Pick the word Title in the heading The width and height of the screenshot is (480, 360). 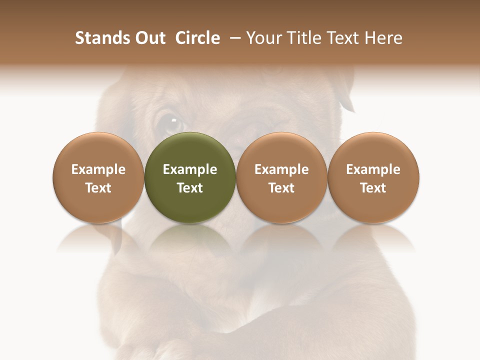[300, 38]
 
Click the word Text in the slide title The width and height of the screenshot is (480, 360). [342, 38]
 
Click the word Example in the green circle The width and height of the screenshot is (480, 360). [190, 169]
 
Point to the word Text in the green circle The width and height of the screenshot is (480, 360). [190, 188]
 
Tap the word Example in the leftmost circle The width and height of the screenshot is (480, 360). [98, 169]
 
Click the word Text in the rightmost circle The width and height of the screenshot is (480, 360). [373, 188]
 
